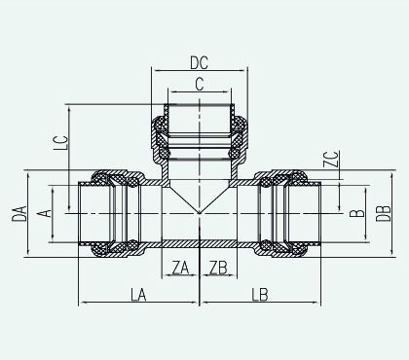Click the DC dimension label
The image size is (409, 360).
pyautogui.click(x=199, y=63)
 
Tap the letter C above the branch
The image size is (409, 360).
pyautogui.click(x=200, y=85)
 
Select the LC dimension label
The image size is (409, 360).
pyautogui.click(x=61, y=143)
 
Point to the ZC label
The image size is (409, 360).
pyautogui.click(x=332, y=159)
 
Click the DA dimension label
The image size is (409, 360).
pyautogui.click(x=19, y=213)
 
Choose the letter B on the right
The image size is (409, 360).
pyautogui.click(x=357, y=213)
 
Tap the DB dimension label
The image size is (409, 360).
pyautogui.click(x=384, y=213)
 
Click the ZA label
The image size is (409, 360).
pyautogui.click(x=180, y=268)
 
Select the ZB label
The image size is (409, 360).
pyautogui.click(x=218, y=268)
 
